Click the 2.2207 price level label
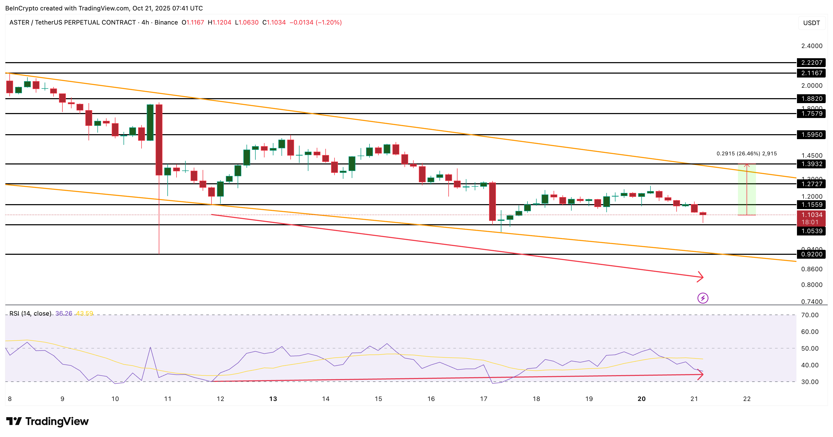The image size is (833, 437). pyautogui.click(x=811, y=63)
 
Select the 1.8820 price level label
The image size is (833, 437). pyautogui.click(x=811, y=99)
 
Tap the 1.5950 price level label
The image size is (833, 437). pyautogui.click(x=811, y=135)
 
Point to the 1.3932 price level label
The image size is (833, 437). pyautogui.click(x=811, y=164)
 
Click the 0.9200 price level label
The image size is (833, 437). pyautogui.click(x=811, y=254)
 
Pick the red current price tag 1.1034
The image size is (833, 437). pyautogui.click(x=811, y=215)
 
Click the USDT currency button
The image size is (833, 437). pyautogui.click(x=811, y=23)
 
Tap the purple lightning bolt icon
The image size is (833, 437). pyautogui.click(x=703, y=298)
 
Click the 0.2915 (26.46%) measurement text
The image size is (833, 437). pyautogui.click(x=746, y=153)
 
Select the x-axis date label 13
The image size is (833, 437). pyautogui.click(x=273, y=399)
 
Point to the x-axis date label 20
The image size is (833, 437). pyautogui.click(x=642, y=399)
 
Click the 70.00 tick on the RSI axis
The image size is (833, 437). pyautogui.click(x=810, y=315)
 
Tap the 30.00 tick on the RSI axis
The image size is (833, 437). pyautogui.click(x=810, y=382)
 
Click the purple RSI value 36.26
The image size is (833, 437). pyautogui.click(x=64, y=314)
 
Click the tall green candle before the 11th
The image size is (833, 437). pyautogui.click(x=150, y=122)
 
